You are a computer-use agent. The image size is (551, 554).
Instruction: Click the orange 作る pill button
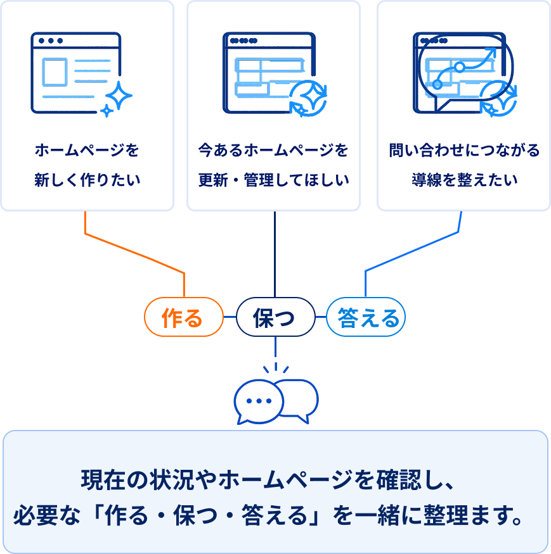pyautogui.click(x=184, y=317)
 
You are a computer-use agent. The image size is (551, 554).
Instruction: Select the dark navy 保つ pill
pyautogui.click(x=275, y=317)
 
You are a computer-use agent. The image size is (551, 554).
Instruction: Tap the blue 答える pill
pyautogui.click(x=366, y=317)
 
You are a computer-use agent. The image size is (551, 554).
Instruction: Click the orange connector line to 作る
pyautogui.click(x=134, y=253)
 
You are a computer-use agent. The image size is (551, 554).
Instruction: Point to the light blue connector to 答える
pyautogui.click(x=412, y=251)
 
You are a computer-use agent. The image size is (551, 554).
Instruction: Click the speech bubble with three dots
pyautogui.click(x=259, y=401)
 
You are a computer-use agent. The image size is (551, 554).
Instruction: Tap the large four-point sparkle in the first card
pyautogui.click(x=119, y=96)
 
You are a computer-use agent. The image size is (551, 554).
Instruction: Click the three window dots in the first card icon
pyautogui.click(x=51, y=41)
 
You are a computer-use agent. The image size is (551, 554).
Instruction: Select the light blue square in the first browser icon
pyautogui.click(x=55, y=72)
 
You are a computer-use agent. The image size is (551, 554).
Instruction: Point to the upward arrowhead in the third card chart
pyautogui.click(x=491, y=53)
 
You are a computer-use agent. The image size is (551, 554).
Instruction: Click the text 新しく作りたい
pyautogui.click(x=87, y=180)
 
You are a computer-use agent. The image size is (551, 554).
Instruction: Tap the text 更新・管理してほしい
pyautogui.click(x=273, y=180)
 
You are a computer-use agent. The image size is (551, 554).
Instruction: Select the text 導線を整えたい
pyautogui.click(x=464, y=180)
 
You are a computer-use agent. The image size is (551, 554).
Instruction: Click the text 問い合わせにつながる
pyautogui.click(x=464, y=150)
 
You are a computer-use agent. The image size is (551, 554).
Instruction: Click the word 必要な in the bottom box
pyautogui.click(x=47, y=515)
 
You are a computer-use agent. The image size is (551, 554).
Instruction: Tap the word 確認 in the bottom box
pyautogui.click(x=399, y=480)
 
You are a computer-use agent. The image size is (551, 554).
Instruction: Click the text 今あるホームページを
pyautogui.click(x=273, y=150)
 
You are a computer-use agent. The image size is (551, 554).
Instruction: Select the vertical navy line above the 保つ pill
pyautogui.click(x=275, y=255)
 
